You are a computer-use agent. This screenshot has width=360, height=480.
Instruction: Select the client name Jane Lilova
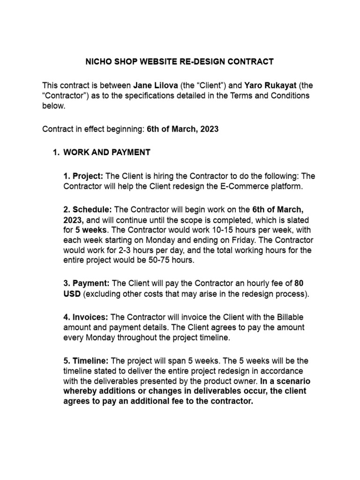[x=156, y=86]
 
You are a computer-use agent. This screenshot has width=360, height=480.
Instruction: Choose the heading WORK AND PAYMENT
[x=107, y=152]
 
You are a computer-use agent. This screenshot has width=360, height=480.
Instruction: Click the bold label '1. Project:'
[x=83, y=176]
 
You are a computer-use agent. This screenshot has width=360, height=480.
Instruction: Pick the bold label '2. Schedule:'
[x=88, y=209]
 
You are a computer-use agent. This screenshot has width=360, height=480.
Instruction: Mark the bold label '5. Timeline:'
[x=86, y=361]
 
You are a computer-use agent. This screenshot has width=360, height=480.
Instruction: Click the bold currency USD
[x=72, y=294]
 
